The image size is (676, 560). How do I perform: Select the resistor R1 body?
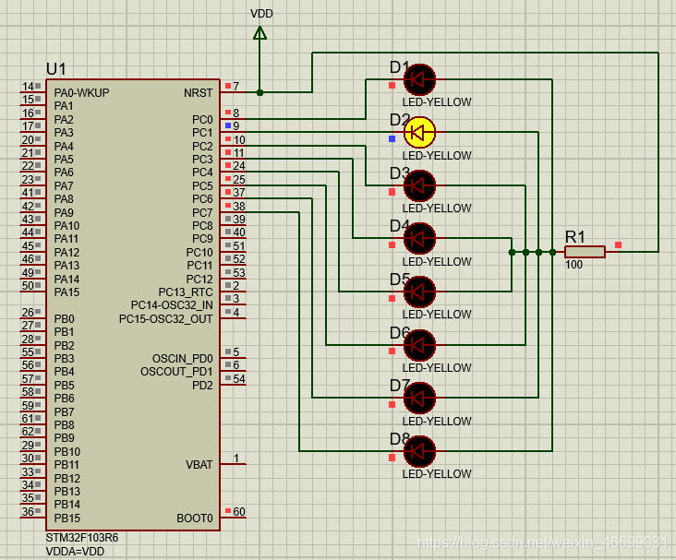pyautogui.click(x=585, y=251)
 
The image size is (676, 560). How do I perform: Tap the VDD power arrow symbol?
pyautogui.click(x=260, y=34)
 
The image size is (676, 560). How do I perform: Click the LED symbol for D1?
pyautogui.click(x=419, y=80)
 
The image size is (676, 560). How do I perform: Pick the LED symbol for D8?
pyautogui.click(x=419, y=451)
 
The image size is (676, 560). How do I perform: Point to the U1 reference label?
pyautogui.click(x=56, y=70)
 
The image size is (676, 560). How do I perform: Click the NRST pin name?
pyautogui.click(x=198, y=92)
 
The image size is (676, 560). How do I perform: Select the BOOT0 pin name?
pyautogui.click(x=195, y=518)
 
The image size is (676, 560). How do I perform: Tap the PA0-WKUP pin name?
pyautogui.click(x=81, y=92)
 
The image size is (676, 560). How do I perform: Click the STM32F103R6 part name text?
pyautogui.click(x=82, y=537)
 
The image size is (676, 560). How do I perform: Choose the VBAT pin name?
pyautogui.click(x=199, y=465)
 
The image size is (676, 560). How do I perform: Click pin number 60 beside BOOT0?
pyautogui.click(x=239, y=511)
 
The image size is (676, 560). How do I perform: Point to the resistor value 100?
pyautogui.click(x=574, y=265)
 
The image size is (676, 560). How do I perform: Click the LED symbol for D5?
pyautogui.click(x=419, y=292)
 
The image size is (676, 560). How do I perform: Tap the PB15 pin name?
pyautogui.click(x=66, y=518)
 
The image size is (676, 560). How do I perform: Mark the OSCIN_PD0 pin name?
pyautogui.click(x=182, y=358)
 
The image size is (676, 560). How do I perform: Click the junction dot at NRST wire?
pyautogui.click(x=260, y=92)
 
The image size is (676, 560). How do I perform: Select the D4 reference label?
pyautogui.click(x=399, y=226)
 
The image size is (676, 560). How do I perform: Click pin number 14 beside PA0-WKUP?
pyautogui.click(x=28, y=87)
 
